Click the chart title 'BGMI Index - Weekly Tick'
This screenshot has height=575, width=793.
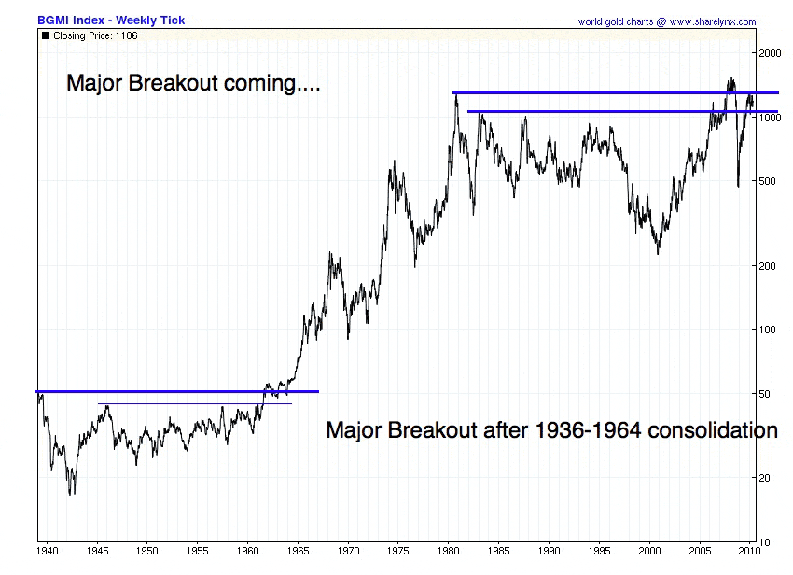pos(110,20)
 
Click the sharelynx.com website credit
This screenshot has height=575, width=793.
pos(667,21)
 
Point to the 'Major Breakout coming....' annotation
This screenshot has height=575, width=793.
pos(193,83)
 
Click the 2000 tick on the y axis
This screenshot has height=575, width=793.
pos(770,54)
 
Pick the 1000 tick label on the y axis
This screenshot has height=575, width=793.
pos(770,119)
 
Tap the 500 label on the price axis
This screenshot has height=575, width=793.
pos(767,181)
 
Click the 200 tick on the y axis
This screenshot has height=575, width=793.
pos(767,266)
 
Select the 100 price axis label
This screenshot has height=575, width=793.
pos(767,330)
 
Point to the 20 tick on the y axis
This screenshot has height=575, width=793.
pos(764,478)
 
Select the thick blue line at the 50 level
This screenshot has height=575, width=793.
pos(177,391)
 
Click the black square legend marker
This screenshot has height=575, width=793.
pos(46,35)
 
